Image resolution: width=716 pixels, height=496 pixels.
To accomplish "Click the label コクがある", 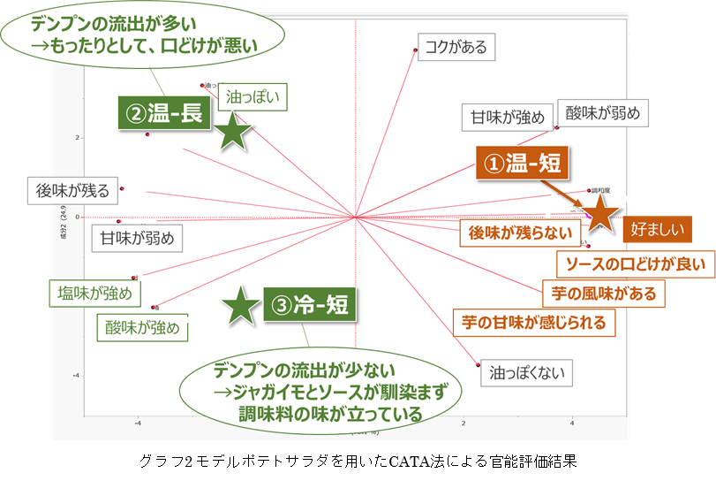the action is tap(456, 47).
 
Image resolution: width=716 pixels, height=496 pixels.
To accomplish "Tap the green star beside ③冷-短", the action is tap(239, 306).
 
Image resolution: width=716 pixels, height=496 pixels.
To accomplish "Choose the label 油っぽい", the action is tap(254, 96).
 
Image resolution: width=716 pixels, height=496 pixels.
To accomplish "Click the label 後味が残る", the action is tap(72, 189).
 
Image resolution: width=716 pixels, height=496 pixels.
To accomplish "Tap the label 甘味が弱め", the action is tap(137, 238).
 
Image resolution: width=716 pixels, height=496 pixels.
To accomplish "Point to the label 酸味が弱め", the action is tap(602, 113).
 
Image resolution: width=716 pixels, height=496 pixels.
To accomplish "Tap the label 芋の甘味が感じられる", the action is tap(534, 323).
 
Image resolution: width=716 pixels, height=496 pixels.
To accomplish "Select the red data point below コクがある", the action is tap(415, 50).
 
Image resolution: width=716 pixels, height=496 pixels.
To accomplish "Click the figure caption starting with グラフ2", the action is tap(358, 461).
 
